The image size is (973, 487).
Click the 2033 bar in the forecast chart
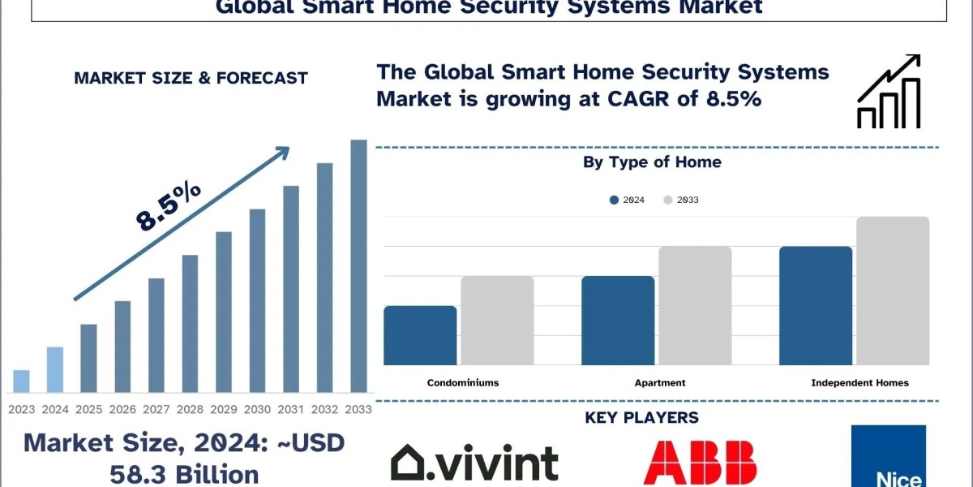[x=358, y=266]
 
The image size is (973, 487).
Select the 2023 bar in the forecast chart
[x=21, y=381]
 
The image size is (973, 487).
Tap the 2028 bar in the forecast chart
[x=190, y=324]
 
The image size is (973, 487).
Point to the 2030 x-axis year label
[x=257, y=409]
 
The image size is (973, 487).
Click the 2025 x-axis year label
[x=88, y=409]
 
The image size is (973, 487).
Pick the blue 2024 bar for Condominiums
[x=420, y=335]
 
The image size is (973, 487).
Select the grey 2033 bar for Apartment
[x=695, y=306]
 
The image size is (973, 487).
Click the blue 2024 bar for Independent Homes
[x=816, y=306]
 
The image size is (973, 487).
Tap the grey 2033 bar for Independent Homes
[x=893, y=291]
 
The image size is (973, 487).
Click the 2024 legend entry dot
[x=615, y=200]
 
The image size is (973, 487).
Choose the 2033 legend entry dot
[x=668, y=200]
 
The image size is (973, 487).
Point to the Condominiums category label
[x=463, y=382]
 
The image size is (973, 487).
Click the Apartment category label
[x=660, y=383]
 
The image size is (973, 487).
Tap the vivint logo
[x=474, y=462]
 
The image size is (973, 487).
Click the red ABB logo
[x=700, y=463]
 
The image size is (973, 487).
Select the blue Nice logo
[x=889, y=456]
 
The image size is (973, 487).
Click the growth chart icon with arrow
[x=889, y=91]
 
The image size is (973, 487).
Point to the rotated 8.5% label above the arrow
[x=168, y=206]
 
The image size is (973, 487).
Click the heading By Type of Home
[x=652, y=162]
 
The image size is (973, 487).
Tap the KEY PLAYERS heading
[x=641, y=417]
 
